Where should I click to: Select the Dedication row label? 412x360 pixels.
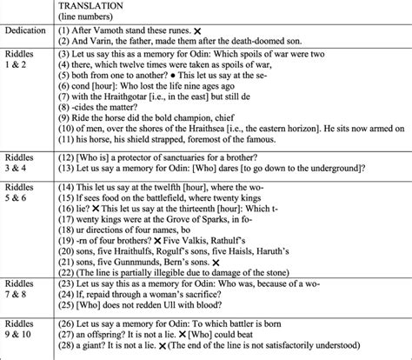coord(27,30)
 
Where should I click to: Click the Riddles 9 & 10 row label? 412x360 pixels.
coord(26,330)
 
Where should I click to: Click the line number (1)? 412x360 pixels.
coord(66,30)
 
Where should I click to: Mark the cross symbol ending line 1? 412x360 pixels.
coord(199,30)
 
